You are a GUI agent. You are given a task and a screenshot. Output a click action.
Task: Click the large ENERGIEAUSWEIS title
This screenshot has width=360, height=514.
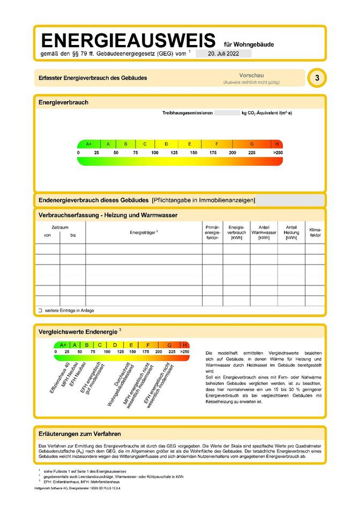(128, 41)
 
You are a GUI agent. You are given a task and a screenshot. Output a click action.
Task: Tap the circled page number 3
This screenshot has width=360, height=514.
(317, 78)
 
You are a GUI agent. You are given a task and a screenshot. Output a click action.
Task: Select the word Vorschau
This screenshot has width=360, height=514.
(251, 75)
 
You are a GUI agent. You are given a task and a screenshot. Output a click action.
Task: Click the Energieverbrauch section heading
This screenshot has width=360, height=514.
(63, 102)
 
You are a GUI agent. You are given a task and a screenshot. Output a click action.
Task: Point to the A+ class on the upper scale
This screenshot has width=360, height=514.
(89, 144)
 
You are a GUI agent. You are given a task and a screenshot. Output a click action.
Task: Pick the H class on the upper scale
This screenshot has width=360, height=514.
(277, 144)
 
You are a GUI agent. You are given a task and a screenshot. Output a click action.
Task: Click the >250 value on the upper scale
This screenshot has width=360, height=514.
(277, 153)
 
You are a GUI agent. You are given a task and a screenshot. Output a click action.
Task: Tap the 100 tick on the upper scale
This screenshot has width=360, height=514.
(155, 153)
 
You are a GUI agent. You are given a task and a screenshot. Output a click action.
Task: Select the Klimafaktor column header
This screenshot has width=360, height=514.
(316, 232)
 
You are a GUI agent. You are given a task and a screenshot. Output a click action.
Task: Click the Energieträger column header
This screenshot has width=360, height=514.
(144, 232)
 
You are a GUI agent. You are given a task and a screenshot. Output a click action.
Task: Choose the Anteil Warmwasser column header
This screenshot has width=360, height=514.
(264, 232)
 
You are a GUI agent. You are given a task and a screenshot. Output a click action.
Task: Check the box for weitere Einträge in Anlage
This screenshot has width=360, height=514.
(40, 311)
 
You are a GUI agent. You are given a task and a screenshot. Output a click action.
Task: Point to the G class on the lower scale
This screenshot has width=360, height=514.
(170, 345)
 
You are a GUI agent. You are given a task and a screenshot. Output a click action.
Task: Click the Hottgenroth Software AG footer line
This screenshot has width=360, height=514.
(77, 488)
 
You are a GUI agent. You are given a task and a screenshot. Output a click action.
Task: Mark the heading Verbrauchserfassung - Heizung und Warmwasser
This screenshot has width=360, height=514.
(108, 215)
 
